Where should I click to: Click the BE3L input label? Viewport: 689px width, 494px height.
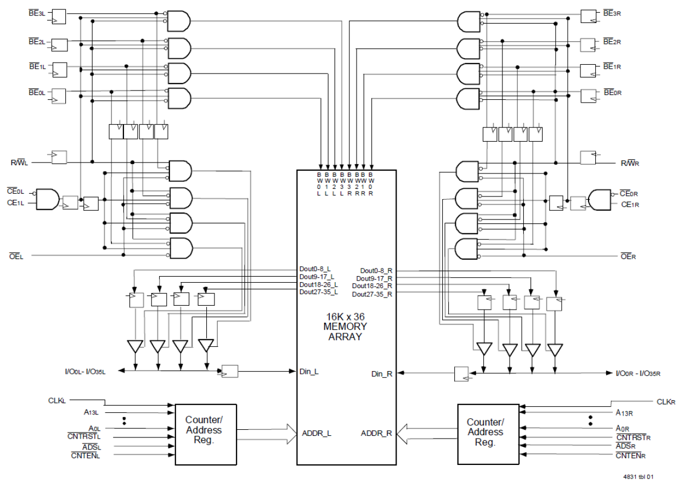pyautogui.click(x=36, y=12)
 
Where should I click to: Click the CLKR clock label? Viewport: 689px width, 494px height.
pyautogui.click(x=665, y=401)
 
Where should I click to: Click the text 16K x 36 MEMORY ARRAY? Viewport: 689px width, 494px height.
pyautogui.click(x=346, y=327)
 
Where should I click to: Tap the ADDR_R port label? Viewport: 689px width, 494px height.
pyautogui.click(x=376, y=433)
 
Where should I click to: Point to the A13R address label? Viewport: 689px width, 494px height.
pyautogui.click(x=624, y=413)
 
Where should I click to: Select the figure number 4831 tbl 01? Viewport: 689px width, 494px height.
pyautogui.click(x=637, y=476)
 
